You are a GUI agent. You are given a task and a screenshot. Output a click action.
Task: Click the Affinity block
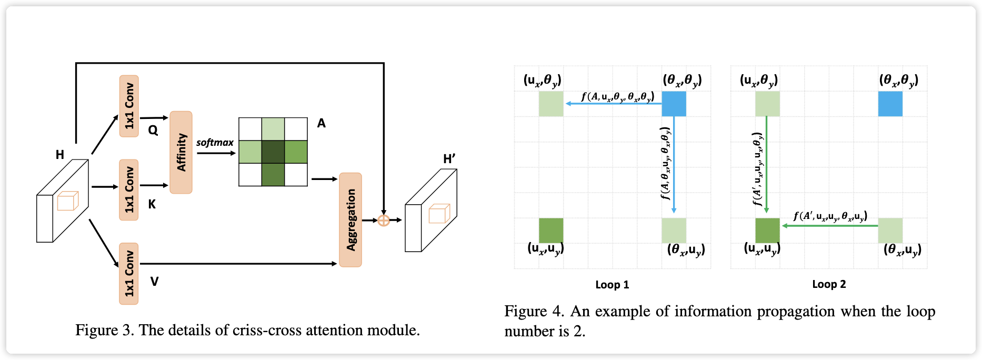click(181, 152)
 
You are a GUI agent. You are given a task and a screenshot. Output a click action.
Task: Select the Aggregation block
click(350, 219)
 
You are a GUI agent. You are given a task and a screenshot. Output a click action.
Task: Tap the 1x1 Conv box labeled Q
click(129, 106)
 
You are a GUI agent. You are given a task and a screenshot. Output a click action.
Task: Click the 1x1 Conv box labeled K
click(129, 189)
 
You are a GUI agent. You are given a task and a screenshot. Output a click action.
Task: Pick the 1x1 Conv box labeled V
click(129, 273)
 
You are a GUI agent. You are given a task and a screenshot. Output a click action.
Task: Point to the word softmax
click(215, 143)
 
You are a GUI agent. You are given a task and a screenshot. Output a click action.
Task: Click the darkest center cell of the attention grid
click(273, 152)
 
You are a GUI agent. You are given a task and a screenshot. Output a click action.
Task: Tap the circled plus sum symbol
click(384, 220)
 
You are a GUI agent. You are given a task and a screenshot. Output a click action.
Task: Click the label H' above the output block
click(449, 159)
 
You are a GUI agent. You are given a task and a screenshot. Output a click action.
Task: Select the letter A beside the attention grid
click(322, 123)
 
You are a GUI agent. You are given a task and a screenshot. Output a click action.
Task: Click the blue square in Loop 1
click(674, 104)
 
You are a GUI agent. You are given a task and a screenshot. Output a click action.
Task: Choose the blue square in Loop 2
click(890, 104)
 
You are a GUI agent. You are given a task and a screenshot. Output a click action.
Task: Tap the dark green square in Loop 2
click(767, 230)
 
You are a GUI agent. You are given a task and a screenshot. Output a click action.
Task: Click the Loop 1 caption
click(612, 285)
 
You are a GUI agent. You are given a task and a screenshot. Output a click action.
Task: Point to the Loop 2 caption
click(829, 284)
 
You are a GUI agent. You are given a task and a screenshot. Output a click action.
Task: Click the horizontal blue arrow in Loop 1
click(613, 104)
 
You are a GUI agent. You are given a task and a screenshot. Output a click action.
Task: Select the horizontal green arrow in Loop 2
click(830, 226)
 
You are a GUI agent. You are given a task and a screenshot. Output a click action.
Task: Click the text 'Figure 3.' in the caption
click(105, 330)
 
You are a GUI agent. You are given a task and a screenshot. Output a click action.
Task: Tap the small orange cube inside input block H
click(67, 201)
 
